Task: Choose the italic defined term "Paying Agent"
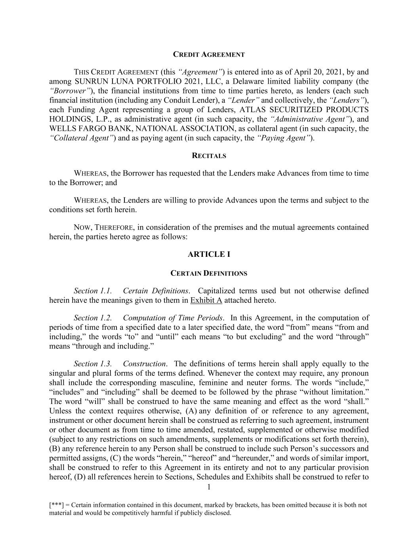[x=284, y=138]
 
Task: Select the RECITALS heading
[x=209, y=156]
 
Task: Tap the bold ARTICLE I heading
[x=209, y=254]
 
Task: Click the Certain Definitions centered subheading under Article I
[x=209, y=273]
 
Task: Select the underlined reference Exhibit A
[x=206, y=300]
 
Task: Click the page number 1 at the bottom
[x=209, y=487]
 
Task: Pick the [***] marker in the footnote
[x=55, y=505]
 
